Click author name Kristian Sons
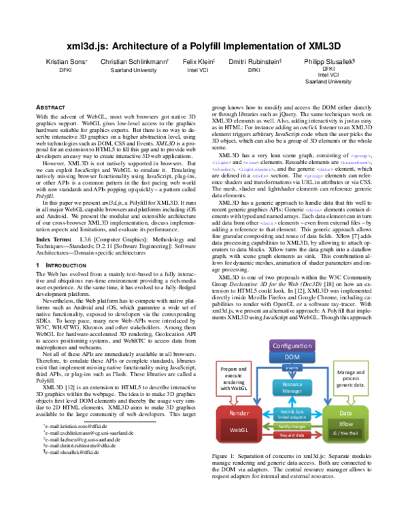point(65,61)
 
